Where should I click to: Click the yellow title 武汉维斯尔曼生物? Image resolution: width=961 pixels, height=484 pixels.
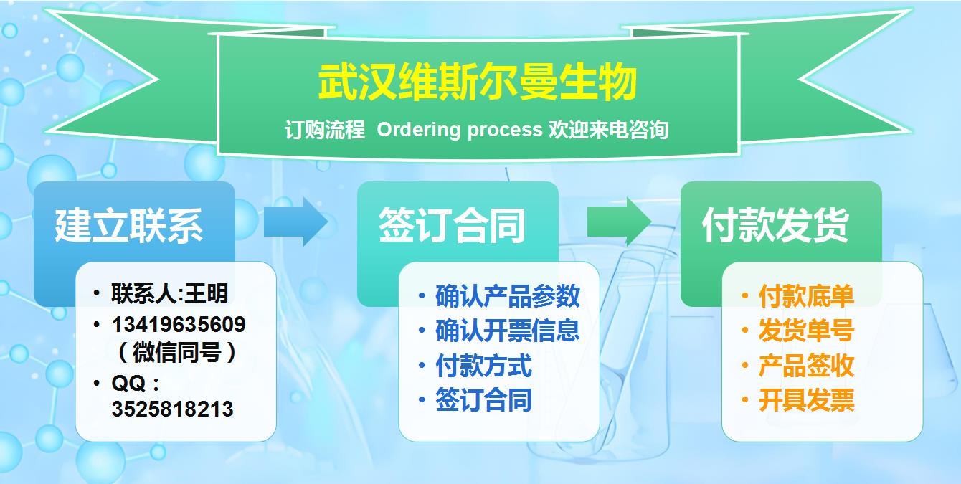(x=478, y=82)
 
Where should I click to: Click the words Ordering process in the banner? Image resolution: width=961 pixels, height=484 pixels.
(x=459, y=130)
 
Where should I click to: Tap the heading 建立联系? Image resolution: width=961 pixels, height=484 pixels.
(x=129, y=225)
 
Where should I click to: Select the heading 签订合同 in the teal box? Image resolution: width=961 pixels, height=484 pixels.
(x=452, y=225)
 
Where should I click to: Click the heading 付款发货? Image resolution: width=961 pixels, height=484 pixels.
(x=775, y=225)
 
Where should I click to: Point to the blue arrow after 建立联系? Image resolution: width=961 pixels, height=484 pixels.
(x=295, y=222)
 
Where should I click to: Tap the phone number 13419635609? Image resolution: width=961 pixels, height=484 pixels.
(x=179, y=324)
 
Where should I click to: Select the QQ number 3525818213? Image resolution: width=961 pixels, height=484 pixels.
(x=172, y=409)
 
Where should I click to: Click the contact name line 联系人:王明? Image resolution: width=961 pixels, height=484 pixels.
(x=169, y=293)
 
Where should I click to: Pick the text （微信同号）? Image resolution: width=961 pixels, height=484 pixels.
(x=176, y=353)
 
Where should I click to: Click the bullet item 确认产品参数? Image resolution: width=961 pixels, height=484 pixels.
(x=508, y=296)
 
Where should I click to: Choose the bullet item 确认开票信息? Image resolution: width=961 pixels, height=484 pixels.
(x=508, y=331)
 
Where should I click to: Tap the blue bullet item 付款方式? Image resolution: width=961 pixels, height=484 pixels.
(x=483, y=366)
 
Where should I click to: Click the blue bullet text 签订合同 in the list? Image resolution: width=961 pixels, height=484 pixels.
(x=483, y=400)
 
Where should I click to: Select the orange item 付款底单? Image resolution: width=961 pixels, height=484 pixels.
(x=806, y=296)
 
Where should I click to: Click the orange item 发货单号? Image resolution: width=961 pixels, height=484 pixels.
(x=806, y=331)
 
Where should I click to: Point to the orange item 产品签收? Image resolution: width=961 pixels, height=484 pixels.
(x=806, y=366)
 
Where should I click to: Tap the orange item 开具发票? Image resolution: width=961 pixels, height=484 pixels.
(x=806, y=400)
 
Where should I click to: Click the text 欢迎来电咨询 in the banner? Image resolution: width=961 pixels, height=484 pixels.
(x=608, y=130)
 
